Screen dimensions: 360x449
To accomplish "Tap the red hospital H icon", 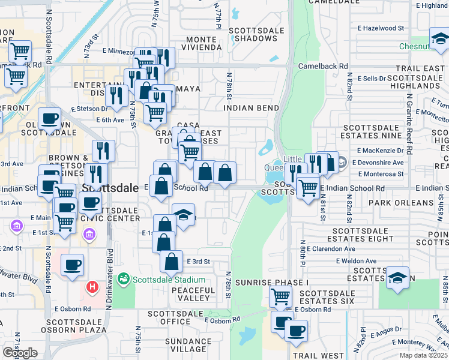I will (92, 287).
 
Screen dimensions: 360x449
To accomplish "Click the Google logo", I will (20, 353).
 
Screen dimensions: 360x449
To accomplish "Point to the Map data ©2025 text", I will (423, 355).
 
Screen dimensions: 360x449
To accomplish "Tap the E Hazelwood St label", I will (381, 28).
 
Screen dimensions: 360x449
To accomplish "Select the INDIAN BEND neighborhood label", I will (251, 108).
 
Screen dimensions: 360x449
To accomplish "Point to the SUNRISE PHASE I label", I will (264, 282).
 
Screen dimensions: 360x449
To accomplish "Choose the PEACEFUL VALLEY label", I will (193, 294).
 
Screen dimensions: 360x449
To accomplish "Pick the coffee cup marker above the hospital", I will (72, 264).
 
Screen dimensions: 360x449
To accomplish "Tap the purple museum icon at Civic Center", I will (89, 233).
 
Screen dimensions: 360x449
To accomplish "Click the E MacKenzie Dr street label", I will (381, 151).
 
